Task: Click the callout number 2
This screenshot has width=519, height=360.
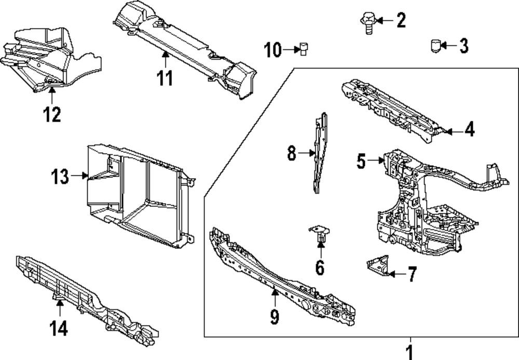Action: (x=401, y=20)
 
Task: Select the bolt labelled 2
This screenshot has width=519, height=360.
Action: (x=367, y=23)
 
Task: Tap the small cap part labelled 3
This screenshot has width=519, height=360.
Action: (x=436, y=46)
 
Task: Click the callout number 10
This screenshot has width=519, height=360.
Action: (x=273, y=50)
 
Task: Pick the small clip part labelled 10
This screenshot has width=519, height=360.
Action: (x=303, y=49)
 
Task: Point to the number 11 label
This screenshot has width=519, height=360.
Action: (x=165, y=78)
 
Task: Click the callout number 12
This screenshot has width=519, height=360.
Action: (x=52, y=115)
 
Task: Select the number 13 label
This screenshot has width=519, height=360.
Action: (x=60, y=177)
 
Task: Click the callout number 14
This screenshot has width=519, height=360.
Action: (x=59, y=328)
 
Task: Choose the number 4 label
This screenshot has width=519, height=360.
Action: (x=469, y=129)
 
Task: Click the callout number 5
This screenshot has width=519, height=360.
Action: (x=361, y=161)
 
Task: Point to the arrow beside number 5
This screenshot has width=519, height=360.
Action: (x=376, y=161)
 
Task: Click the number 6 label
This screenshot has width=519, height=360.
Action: (x=320, y=268)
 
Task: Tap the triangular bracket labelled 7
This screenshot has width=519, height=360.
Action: (x=378, y=265)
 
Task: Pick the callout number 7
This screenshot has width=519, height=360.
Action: (x=412, y=274)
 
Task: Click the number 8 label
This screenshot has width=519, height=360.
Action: (x=292, y=153)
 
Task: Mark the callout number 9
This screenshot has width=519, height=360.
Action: (x=275, y=316)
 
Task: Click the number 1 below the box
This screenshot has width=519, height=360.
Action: (x=410, y=352)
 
